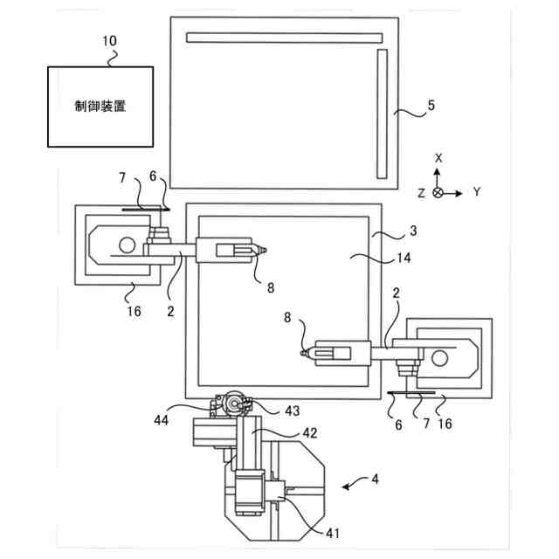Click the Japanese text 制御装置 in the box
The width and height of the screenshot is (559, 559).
click(100, 106)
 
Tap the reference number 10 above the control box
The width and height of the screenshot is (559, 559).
click(110, 41)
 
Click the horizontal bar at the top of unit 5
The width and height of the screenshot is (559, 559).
click(285, 38)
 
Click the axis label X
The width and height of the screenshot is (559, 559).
click(438, 157)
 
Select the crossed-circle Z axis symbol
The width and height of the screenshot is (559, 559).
click(438, 191)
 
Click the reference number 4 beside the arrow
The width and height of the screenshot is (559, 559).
click(376, 480)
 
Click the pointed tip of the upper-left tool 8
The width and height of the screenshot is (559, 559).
click(265, 250)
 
